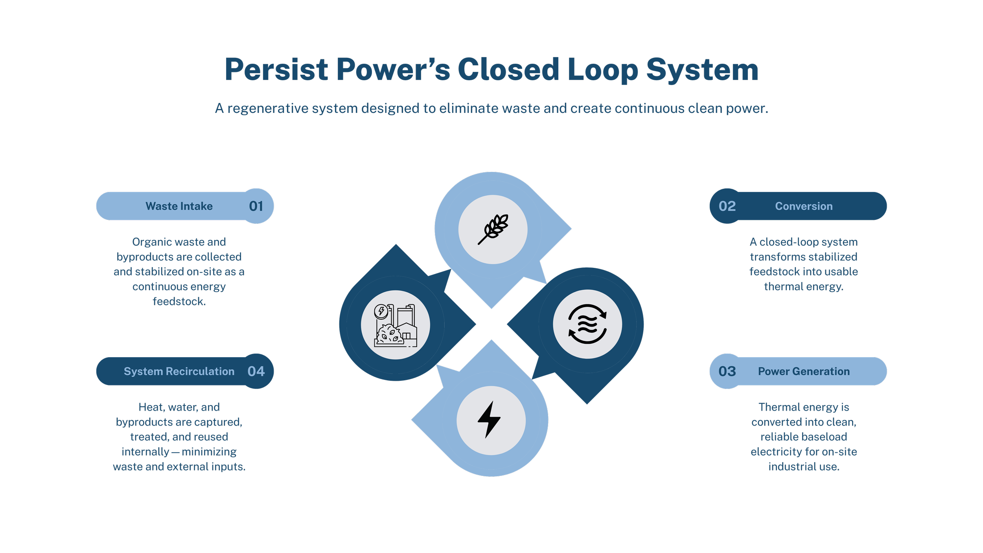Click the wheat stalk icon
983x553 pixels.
coord(493,229)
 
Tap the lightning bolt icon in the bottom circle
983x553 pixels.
coord(490,420)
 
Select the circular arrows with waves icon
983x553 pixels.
coord(587,324)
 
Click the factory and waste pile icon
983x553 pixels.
coord(396,325)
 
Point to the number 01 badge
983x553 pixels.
coord(256,206)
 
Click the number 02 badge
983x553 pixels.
coord(727,206)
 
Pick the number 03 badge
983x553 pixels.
coord(727,371)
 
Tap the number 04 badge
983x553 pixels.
coord(256,371)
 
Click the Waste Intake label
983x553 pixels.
coord(179,206)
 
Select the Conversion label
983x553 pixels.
coord(804,206)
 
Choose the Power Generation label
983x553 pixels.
coord(804,371)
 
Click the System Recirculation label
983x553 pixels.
coord(179,371)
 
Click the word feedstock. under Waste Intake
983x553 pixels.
coord(179,302)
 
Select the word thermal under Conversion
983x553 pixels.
coord(781,287)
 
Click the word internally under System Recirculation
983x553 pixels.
coord(145,452)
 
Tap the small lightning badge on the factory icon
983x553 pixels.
coord(381,312)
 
